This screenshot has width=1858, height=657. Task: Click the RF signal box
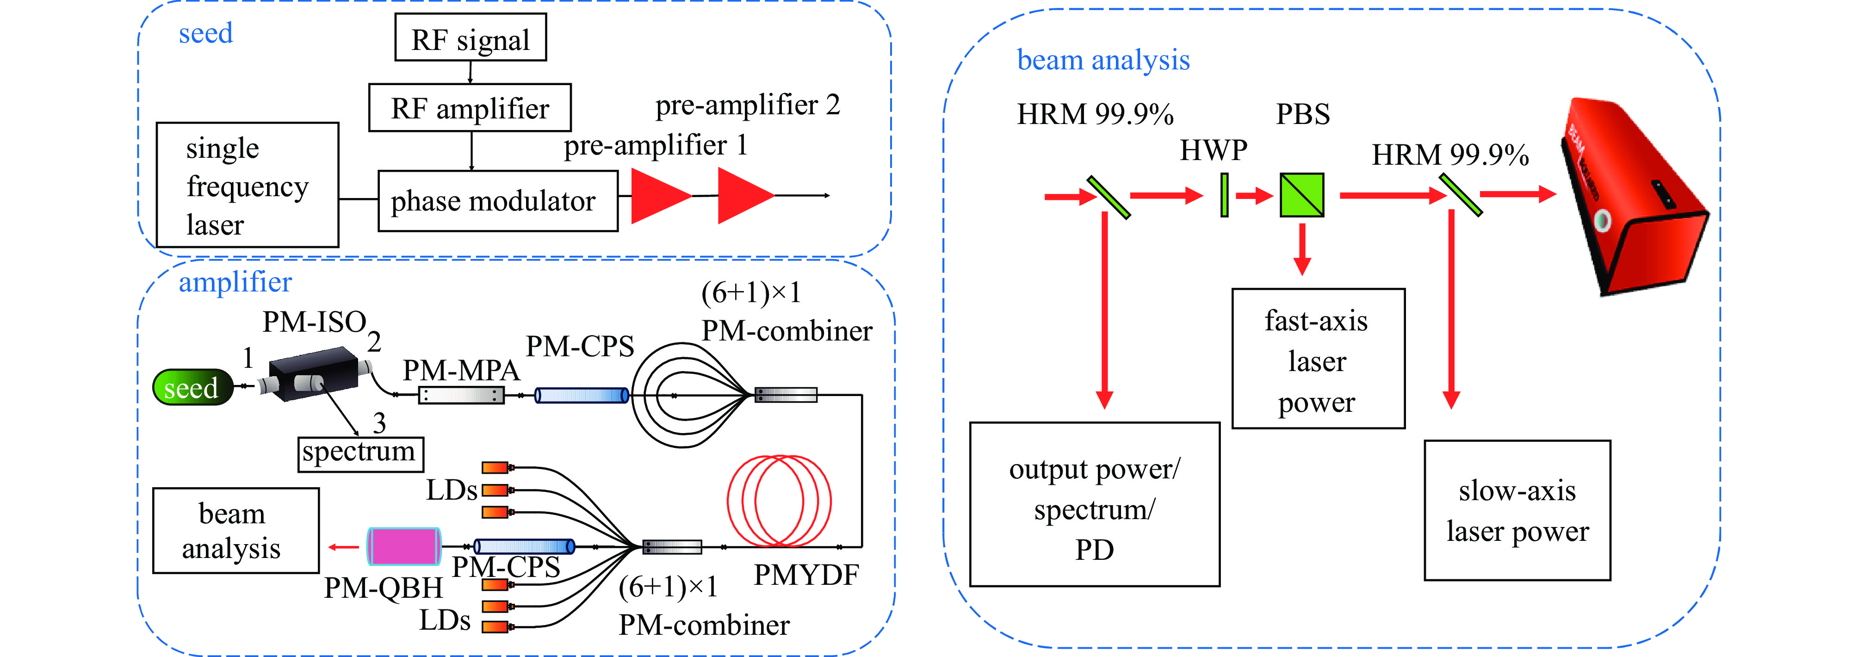coord(470,37)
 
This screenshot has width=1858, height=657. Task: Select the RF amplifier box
coord(470,107)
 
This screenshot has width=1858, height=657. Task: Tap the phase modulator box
coord(498,200)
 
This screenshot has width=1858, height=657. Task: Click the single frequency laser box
coord(248,186)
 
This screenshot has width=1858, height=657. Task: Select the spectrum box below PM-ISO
coord(360,453)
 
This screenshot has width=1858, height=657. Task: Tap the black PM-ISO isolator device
coord(313,373)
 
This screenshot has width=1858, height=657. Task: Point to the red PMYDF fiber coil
coord(779,501)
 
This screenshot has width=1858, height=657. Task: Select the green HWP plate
coord(1224,195)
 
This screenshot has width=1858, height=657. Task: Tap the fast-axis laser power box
coord(1318,359)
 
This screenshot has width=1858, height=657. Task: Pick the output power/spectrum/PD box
coord(1094,505)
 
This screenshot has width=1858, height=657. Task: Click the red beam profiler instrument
coord(1637,202)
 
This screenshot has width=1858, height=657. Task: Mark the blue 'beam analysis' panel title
coord(1103,60)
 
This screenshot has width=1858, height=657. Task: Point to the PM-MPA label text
coord(461,370)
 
